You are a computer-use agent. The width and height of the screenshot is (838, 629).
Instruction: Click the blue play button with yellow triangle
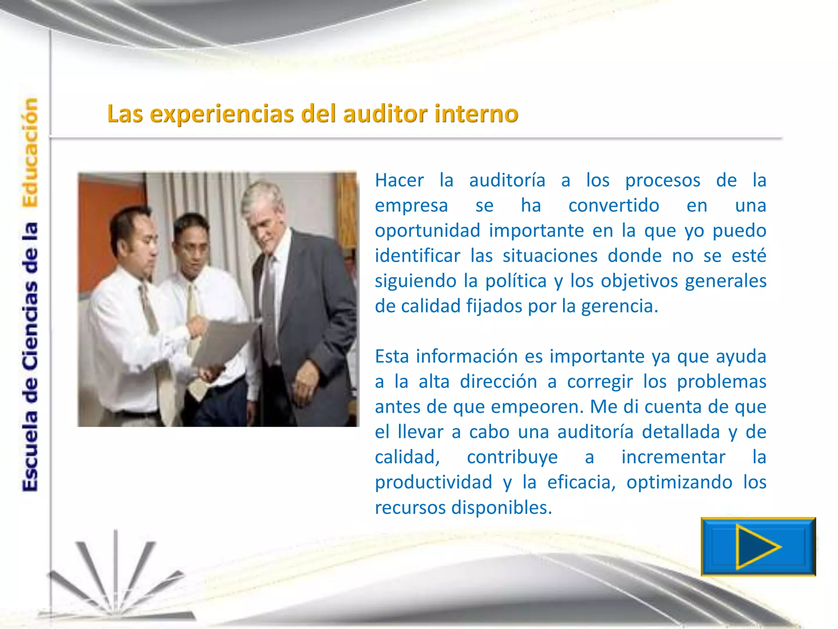[x=758, y=547]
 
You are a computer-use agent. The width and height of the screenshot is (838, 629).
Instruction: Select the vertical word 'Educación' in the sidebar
[x=30, y=152]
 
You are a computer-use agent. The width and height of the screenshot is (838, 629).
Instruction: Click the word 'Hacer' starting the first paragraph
[x=399, y=180]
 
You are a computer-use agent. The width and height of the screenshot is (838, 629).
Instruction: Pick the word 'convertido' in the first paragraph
[x=613, y=206]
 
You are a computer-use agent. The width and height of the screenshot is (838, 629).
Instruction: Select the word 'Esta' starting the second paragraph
[x=392, y=356]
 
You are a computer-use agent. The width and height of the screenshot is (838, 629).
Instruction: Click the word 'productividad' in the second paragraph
[x=433, y=482]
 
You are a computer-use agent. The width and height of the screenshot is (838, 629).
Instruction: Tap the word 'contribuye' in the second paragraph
[x=512, y=457]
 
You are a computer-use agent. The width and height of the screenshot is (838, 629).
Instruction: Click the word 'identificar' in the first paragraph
[x=417, y=256]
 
